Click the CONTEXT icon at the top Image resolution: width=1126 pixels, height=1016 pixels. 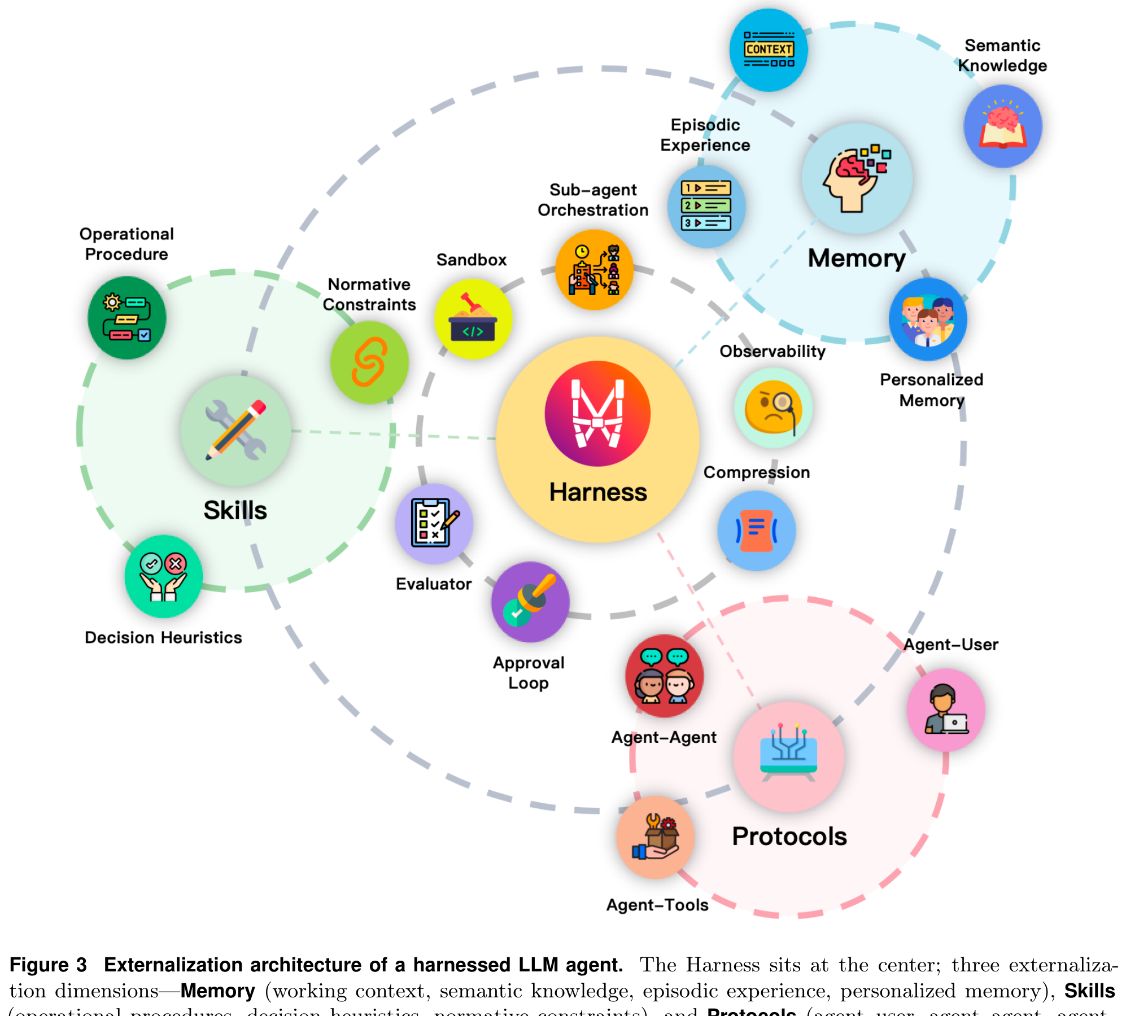(x=769, y=50)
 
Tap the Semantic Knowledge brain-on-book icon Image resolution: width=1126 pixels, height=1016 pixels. (x=1002, y=126)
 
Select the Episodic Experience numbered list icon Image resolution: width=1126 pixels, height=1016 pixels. (x=706, y=206)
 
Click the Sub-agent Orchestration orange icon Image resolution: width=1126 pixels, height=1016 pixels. (x=594, y=270)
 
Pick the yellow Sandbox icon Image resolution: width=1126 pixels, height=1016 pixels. (x=473, y=319)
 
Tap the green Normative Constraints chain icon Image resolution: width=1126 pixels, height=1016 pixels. (x=369, y=362)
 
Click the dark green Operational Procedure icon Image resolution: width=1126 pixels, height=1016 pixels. (x=126, y=318)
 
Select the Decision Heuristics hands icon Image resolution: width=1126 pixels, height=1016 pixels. (x=163, y=576)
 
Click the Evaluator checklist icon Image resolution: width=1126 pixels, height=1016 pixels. (x=434, y=523)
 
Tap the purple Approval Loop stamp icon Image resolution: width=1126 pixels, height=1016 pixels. (x=530, y=602)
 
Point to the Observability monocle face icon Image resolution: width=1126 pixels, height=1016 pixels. (x=773, y=408)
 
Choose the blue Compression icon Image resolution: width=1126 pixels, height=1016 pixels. (x=756, y=531)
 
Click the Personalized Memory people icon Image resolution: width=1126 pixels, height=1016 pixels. (x=928, y=319)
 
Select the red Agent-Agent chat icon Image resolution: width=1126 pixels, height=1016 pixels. (x=664, y=676)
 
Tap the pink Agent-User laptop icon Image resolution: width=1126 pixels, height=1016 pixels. (x=945, y=710)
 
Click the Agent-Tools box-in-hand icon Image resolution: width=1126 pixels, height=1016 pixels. (x=655, y=837)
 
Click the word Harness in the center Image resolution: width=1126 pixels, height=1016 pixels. (x=598, y=492)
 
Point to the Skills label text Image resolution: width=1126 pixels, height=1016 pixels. (x=235, y=510)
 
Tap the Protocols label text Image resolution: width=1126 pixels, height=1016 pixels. (x=789, y=836)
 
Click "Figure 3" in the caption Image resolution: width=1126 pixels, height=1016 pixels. (x=49, y=965)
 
